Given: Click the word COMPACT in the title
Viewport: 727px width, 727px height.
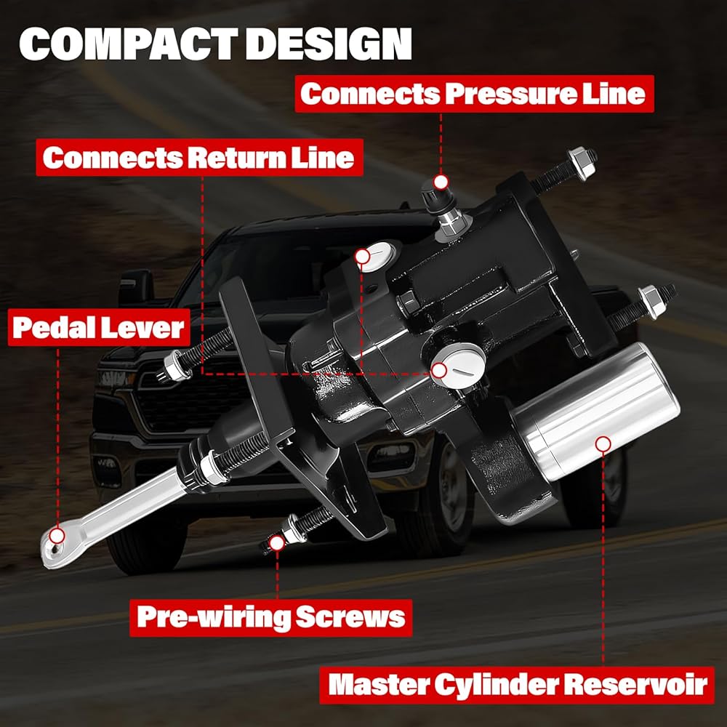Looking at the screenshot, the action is (x=129, y=44).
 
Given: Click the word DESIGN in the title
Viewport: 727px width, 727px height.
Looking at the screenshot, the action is (x=329, y=44).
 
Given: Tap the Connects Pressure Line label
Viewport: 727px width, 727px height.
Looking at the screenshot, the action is (x=474, y=94).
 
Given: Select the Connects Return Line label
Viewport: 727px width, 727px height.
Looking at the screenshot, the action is (x=199, y=158).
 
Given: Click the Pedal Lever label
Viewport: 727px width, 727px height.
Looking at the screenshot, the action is (x=99, y=327).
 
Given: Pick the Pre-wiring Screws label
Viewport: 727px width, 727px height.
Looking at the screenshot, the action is (x=270, y=617).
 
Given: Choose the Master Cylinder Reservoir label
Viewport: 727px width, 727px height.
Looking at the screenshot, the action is (x=516, y=685).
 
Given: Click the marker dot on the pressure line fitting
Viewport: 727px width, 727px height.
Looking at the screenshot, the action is (x=441, y=182).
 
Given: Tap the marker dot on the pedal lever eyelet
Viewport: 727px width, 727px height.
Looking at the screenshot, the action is (x=57, y=536).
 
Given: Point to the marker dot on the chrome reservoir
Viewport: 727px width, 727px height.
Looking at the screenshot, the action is (x=603, y=444).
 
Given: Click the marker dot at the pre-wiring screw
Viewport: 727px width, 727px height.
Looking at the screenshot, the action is (x=277, y=543).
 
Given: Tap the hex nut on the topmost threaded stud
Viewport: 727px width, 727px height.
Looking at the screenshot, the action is (x=582, y=163).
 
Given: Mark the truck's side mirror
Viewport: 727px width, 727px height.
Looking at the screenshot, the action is (x=135, y=286).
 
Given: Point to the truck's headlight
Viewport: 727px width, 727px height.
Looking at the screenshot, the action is (x=111, y=378).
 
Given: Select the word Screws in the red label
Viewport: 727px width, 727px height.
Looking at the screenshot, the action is (x=350, y=617).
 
